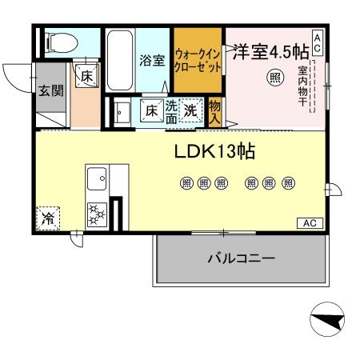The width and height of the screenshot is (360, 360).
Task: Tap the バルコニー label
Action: coord(241,258)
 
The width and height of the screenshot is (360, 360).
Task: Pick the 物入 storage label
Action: coord(214,110)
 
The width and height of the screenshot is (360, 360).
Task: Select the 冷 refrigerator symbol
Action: coord(48,216)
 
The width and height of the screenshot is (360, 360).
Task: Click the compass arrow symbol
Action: coord(327,322)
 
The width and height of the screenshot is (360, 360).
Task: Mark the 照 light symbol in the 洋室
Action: coord(274,78)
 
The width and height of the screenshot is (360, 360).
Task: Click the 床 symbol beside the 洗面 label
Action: coord(152,110)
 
